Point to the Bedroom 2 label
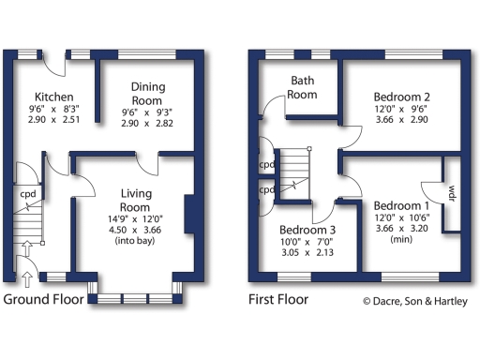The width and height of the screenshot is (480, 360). pos(401,97)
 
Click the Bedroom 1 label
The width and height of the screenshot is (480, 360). pos(401,205)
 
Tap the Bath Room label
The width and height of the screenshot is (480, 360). pos(302,88)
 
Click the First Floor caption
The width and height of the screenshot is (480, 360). pos(278,300)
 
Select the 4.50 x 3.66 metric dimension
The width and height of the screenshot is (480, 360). pos(136,227)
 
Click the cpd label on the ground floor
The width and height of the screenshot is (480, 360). pos(28,195)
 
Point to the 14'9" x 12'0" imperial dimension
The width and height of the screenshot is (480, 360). pos(136,215)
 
